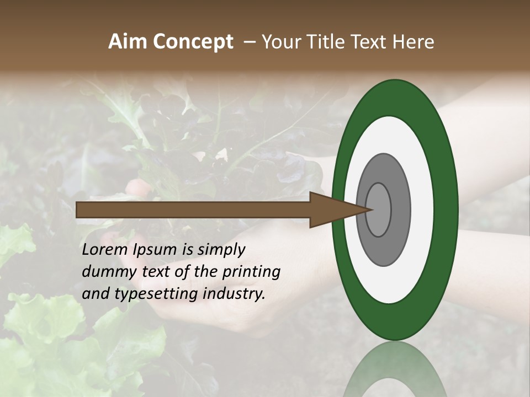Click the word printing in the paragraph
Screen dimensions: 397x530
pyautogui.click(x=252, y=272)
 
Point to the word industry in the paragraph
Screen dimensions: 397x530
pyautogui.click(x=234, y=294)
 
